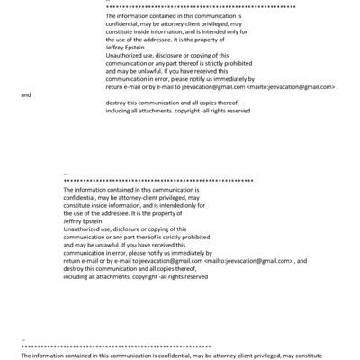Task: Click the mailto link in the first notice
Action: (x=289, y=87)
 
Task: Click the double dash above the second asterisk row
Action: (x=67, y=174)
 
